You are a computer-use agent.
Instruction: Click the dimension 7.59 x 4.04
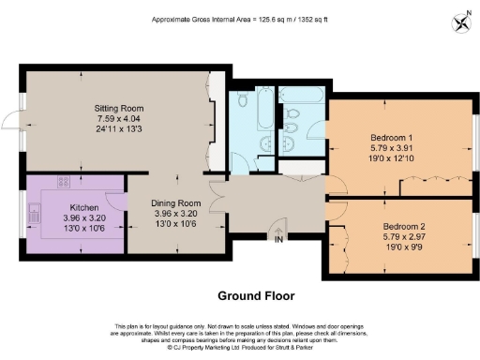[x=117, y=119]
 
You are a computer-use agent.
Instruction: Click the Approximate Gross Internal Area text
[x=239, y=18]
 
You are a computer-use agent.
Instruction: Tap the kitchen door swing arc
[x=114, y=200]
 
